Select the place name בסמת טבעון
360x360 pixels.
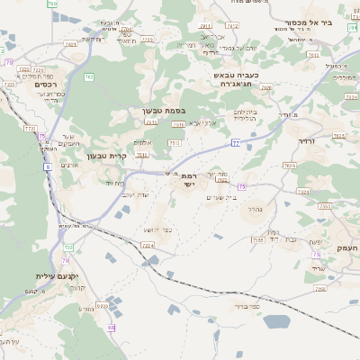[163, 112]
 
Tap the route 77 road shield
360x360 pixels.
[235, 142]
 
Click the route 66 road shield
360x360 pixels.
[111, 328]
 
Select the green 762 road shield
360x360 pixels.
[88, 77]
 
